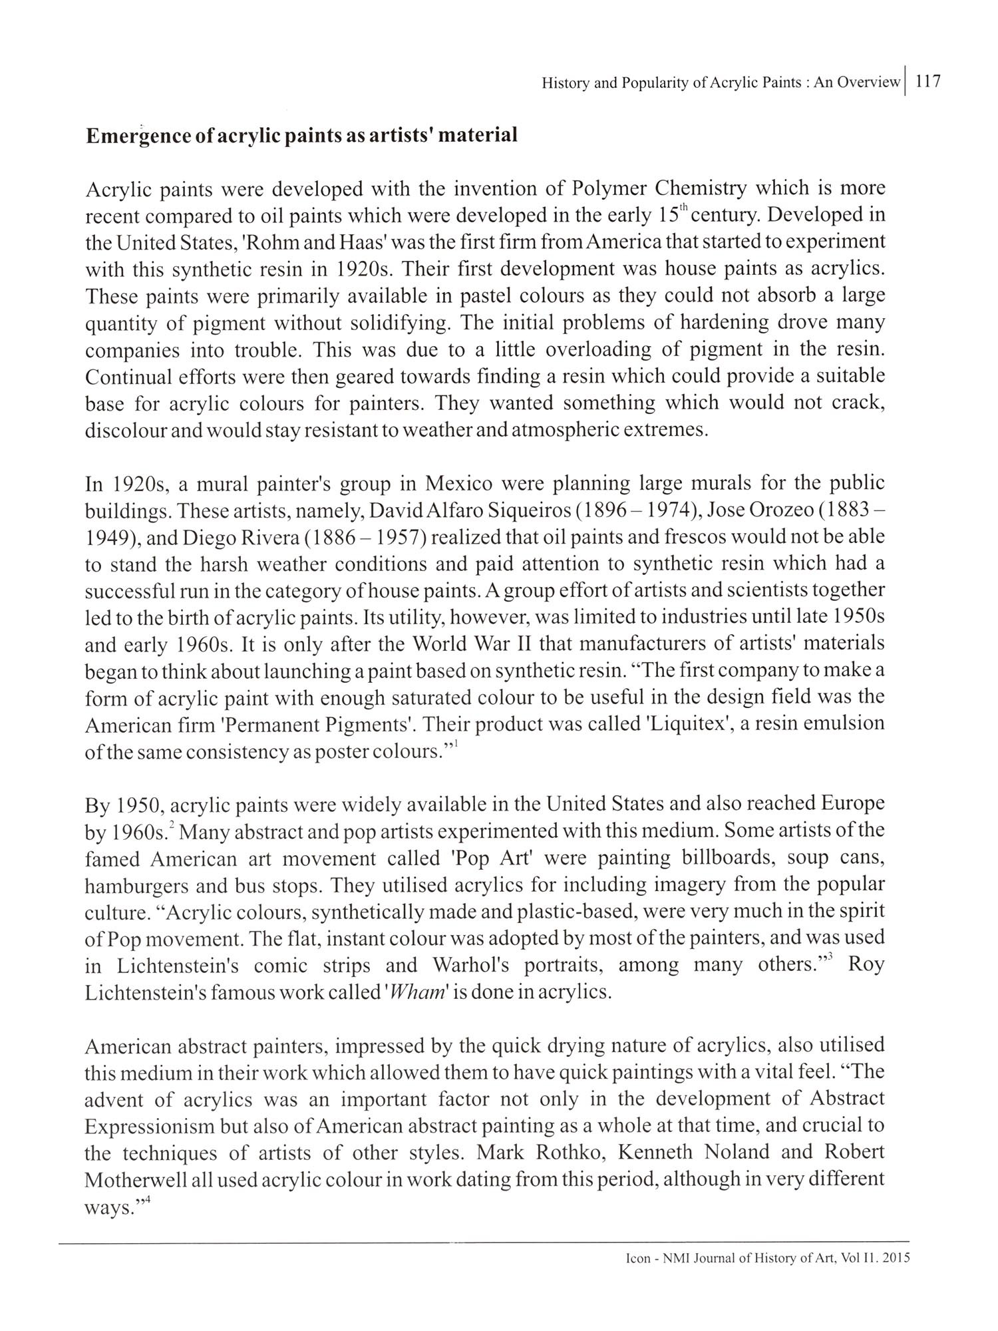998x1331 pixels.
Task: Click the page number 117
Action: pyautogui.click(x=928, y=82)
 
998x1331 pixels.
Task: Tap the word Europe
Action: pyautogui.click(x=852, y=804)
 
